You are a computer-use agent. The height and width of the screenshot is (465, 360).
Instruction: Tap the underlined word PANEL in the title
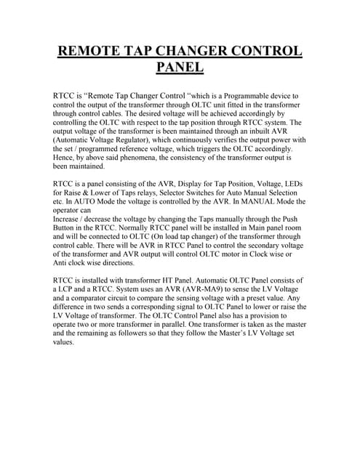pyautogui.click(x=180, y=69)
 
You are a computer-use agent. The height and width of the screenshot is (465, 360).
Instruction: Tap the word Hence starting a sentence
pyautogui.click(x=65, y=158)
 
